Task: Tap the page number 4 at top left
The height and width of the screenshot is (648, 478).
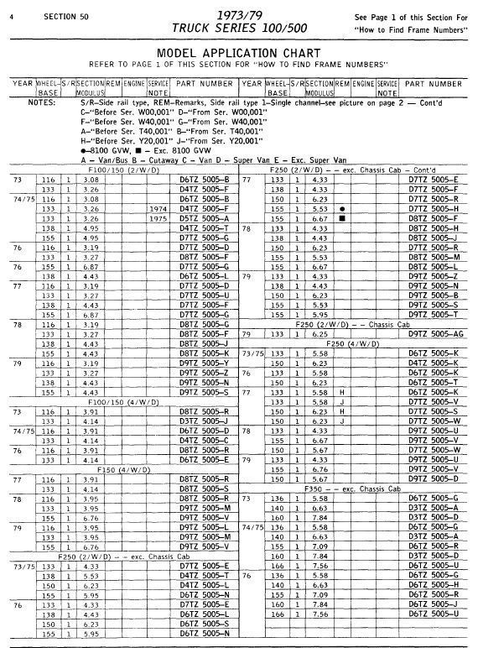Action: [10, 17]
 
